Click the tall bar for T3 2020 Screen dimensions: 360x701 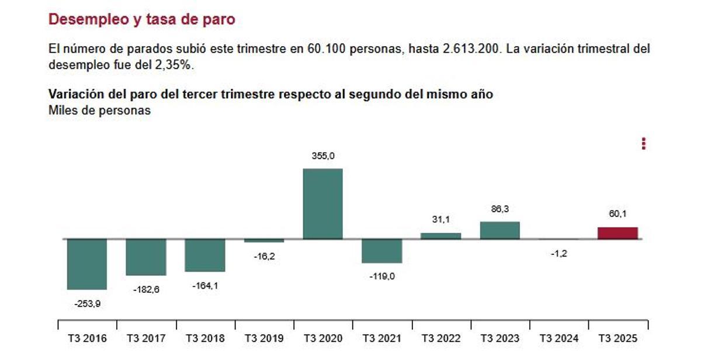(x=322, y=203)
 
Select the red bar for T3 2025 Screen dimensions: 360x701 (x=617, y=233)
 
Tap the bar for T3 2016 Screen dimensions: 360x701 (x=87, y=264)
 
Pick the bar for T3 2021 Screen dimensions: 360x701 (x=381, y=251)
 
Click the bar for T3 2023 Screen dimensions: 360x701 (x=499, y=230)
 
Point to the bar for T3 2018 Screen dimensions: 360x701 (x=204, y=255)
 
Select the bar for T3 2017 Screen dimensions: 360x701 (x=145, y=257)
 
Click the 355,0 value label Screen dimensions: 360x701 (x=322, y=156)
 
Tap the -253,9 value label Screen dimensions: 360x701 (x=87, y=303)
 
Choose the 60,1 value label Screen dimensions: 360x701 (x=617, y=214)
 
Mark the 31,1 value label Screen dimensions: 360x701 (x=440, y=220)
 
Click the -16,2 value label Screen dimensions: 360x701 (x=263, y=256)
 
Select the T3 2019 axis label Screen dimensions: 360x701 (x=263, y=338)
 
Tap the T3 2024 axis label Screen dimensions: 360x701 (x=558, y=338)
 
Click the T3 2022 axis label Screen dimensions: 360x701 (x=440, y=338)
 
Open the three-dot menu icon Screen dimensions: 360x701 (x=644, y=144)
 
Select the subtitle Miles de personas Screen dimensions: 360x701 (x=99, y=110)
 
